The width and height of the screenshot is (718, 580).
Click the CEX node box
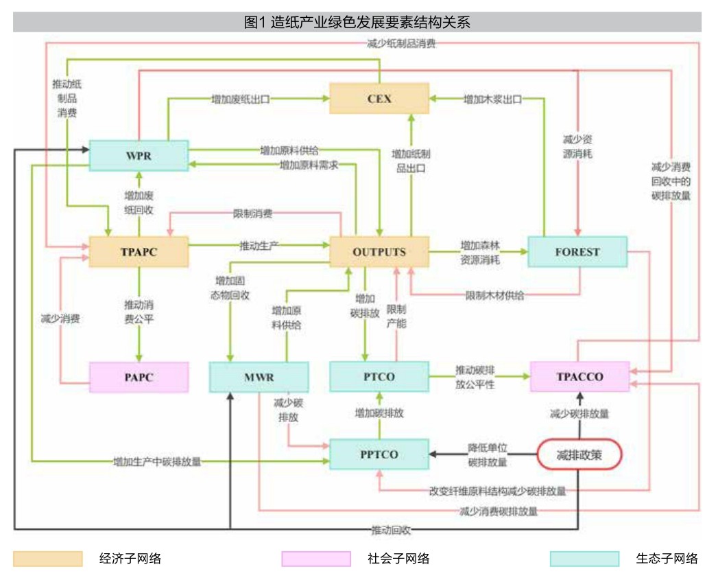379,98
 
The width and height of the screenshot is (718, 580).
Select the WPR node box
139,156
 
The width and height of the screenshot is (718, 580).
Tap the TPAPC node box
139,252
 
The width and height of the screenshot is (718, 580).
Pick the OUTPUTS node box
379,252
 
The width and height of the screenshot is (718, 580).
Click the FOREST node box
577,252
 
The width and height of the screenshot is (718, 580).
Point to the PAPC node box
139,377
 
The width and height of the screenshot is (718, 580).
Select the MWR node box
259,377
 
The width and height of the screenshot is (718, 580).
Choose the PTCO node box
379,377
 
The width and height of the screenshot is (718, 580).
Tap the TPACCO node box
579,377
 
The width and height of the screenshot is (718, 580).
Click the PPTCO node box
379,454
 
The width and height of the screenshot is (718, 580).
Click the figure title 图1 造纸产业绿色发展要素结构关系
357,22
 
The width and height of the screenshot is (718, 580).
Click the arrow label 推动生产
258,246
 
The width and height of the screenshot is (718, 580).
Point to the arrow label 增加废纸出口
240,99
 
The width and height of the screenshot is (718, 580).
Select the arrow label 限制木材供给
494,295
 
